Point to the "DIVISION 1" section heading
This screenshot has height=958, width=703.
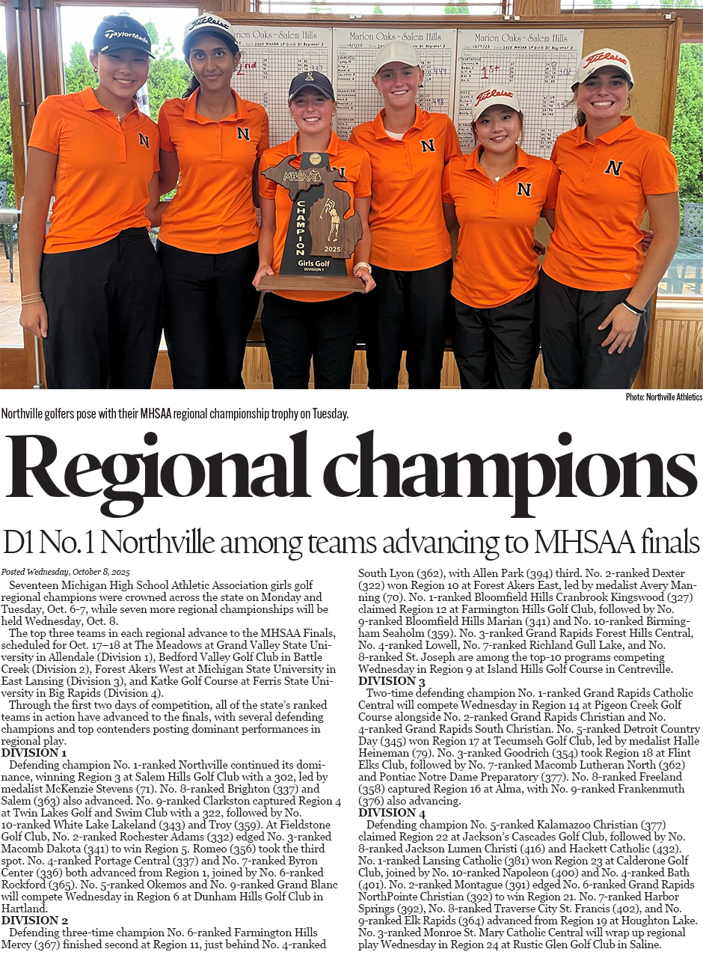click(x=34, y=753)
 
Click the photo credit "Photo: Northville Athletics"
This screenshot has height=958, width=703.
click(x=664, y=397)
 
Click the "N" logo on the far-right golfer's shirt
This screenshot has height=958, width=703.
click(x=613, y=168)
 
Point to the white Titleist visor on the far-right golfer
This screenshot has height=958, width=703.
click(x=603, y=63)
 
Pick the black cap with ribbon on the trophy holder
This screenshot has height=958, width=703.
click(x=311, y=84)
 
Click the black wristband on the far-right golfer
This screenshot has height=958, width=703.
click(x=633, y=307)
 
